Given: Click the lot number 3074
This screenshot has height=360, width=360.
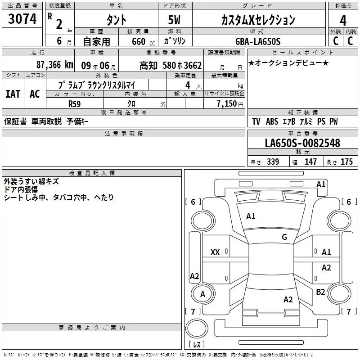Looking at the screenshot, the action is click(x=22, y=19).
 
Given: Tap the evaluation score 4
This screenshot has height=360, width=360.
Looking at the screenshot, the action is click(x=343, y=20).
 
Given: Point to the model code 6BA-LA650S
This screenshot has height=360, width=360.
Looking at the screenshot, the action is click(x=257, y=41).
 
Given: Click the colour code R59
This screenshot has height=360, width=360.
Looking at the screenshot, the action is click(x=74, y=103).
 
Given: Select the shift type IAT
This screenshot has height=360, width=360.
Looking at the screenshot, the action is click(x=13, y=94).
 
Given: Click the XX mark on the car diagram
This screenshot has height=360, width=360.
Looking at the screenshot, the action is click(x=215, y=252).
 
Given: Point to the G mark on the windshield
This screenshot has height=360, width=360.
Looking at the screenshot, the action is click(x=284, y=237).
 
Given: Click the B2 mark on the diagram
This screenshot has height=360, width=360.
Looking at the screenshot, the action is click(x=320, y=292).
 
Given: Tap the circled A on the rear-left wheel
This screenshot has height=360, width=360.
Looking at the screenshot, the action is click(x=202, y=294).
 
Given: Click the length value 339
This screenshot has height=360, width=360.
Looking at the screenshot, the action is click(x=273, y=162).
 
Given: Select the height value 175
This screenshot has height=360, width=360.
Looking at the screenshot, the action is click(x=346, y=162).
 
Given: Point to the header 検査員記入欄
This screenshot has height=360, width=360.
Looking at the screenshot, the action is click(x=92, y=173).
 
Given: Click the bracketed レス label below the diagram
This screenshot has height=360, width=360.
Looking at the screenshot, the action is click(x=196, y=345).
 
